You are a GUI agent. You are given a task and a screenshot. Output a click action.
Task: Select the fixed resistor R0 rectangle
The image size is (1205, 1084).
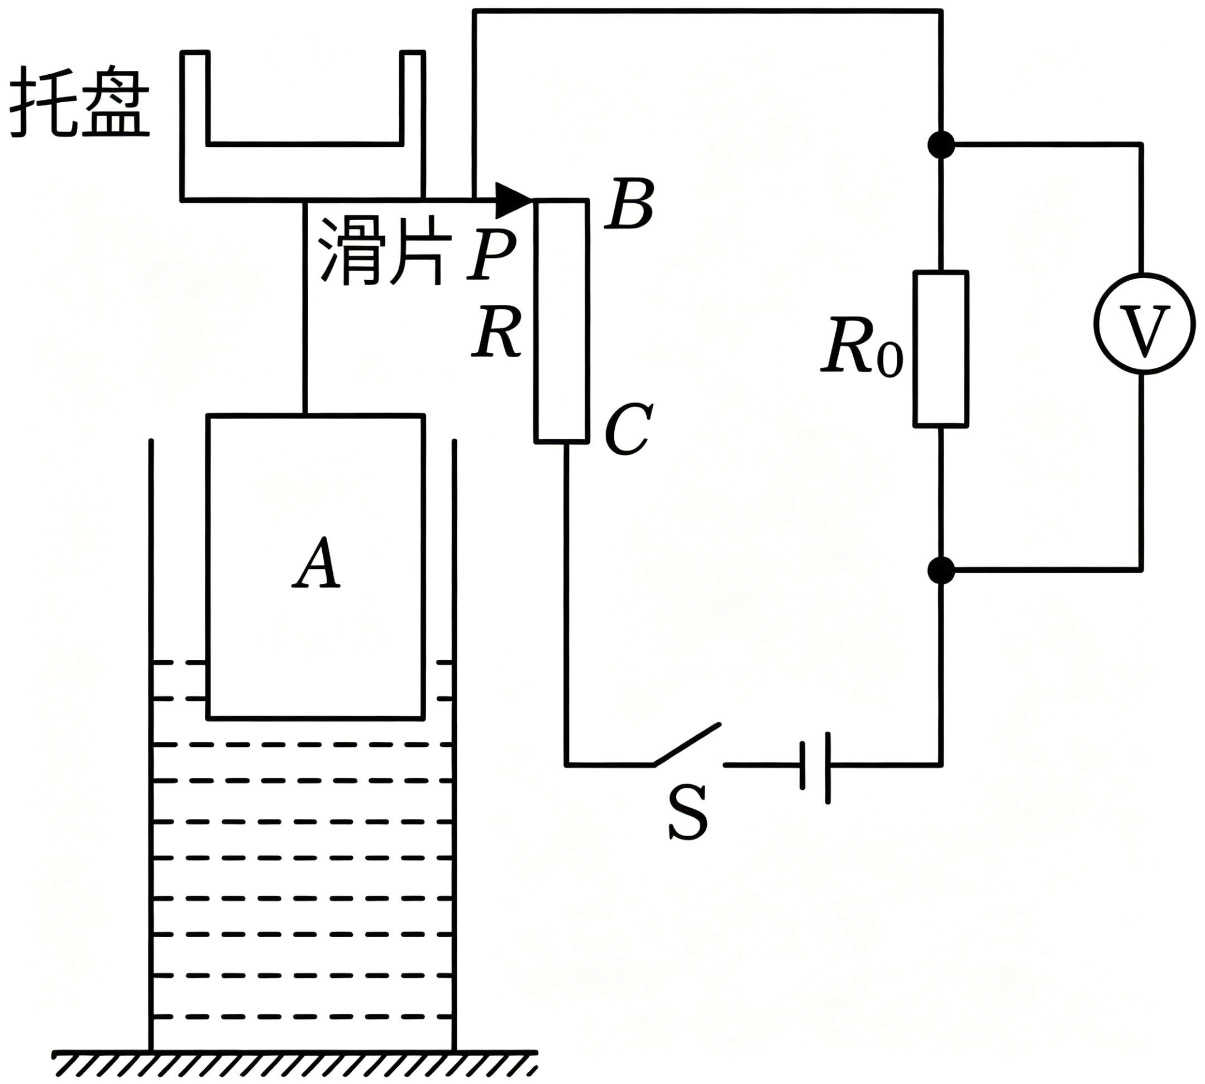click(941, 349)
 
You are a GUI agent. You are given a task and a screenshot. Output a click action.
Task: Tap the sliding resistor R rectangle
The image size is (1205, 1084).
click(561, 322)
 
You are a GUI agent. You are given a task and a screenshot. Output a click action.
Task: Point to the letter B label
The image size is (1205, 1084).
click(629, 203)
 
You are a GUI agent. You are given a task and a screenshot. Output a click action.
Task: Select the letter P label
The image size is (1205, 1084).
click(490, 255)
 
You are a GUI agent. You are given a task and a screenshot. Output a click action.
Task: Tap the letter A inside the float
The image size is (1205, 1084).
click(317, 563)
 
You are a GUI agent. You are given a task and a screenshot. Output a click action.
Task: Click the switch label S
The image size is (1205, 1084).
click(688, 812)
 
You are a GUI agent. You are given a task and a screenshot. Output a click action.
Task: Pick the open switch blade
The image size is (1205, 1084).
click(687, 744)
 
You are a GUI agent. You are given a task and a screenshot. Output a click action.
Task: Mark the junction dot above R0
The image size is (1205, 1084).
click(941, 145)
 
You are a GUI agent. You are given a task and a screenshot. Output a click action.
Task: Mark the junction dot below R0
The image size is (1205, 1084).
click(941, 570)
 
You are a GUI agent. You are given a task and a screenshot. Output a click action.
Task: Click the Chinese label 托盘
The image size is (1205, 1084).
click(79, 101)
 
